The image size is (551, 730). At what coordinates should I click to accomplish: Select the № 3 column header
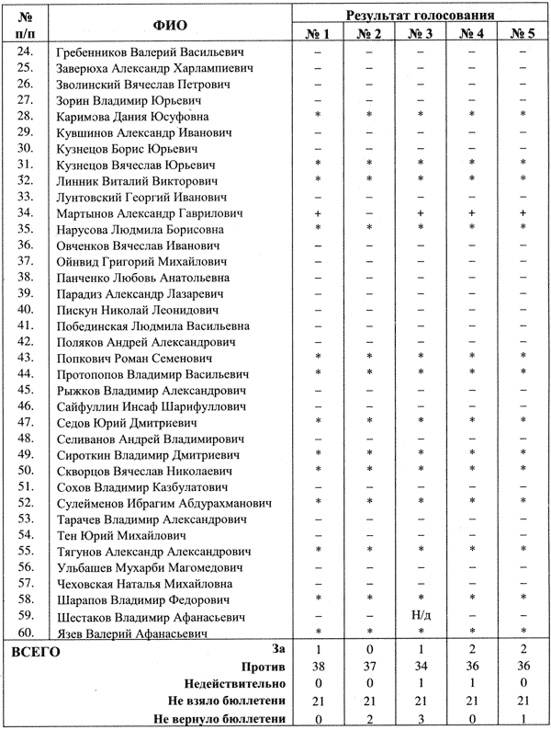click(420, 34)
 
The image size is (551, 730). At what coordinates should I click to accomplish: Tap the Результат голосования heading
click(422, 13)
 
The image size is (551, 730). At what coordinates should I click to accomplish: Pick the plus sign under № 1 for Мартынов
click(317, 212)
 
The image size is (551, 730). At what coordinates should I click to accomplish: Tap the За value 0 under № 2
click(368, 649)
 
